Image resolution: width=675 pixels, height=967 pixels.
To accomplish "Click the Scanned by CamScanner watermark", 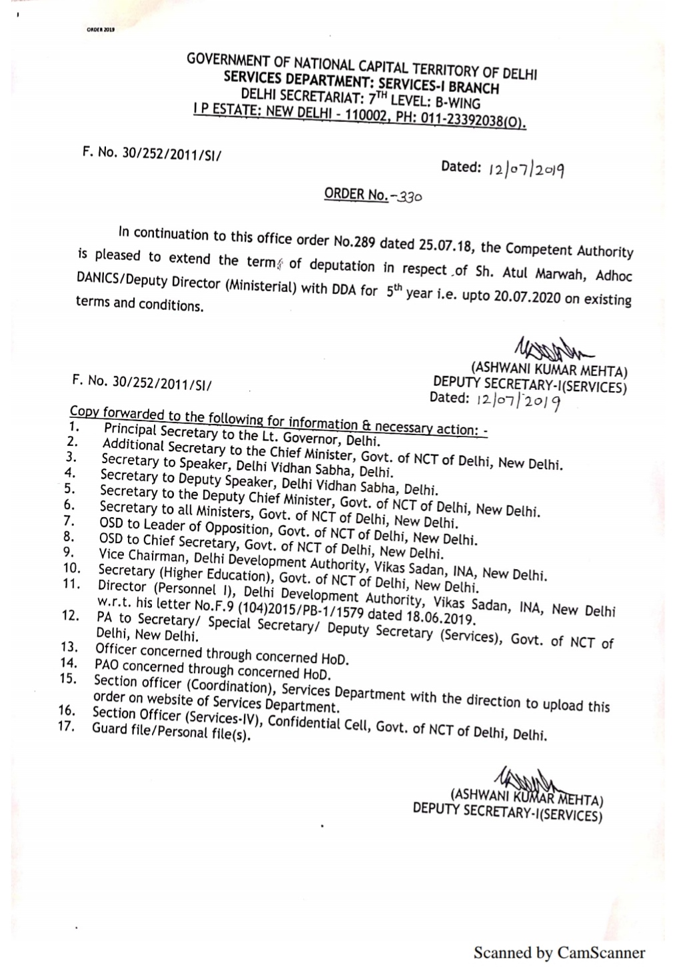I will (x=559, y=952).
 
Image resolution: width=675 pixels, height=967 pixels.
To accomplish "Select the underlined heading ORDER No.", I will (x=355, y=194).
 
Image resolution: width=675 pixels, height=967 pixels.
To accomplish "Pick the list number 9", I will (x=68, y=552).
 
